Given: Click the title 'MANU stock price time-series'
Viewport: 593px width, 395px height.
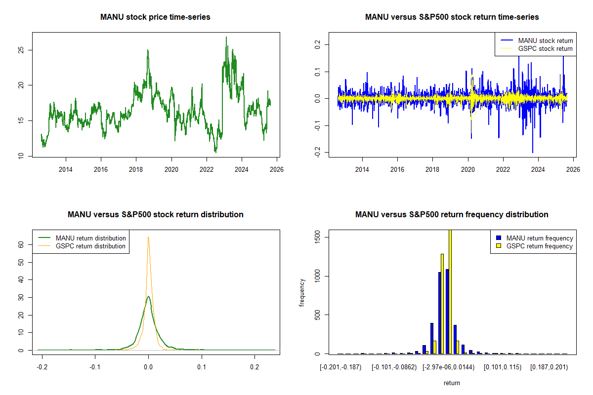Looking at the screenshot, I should pos(155,17).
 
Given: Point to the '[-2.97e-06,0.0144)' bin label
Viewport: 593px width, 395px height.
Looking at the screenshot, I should pos(449,367).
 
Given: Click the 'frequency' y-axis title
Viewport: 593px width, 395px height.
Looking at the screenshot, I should pos(302,293).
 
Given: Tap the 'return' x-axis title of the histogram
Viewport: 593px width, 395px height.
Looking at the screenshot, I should pos(452,383).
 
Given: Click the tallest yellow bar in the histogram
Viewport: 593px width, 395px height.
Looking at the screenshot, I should pos(450,291).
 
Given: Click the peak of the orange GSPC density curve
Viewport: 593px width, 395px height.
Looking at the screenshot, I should pos(148,237).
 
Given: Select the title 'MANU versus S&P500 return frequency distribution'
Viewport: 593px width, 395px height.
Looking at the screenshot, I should pos(452,215).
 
